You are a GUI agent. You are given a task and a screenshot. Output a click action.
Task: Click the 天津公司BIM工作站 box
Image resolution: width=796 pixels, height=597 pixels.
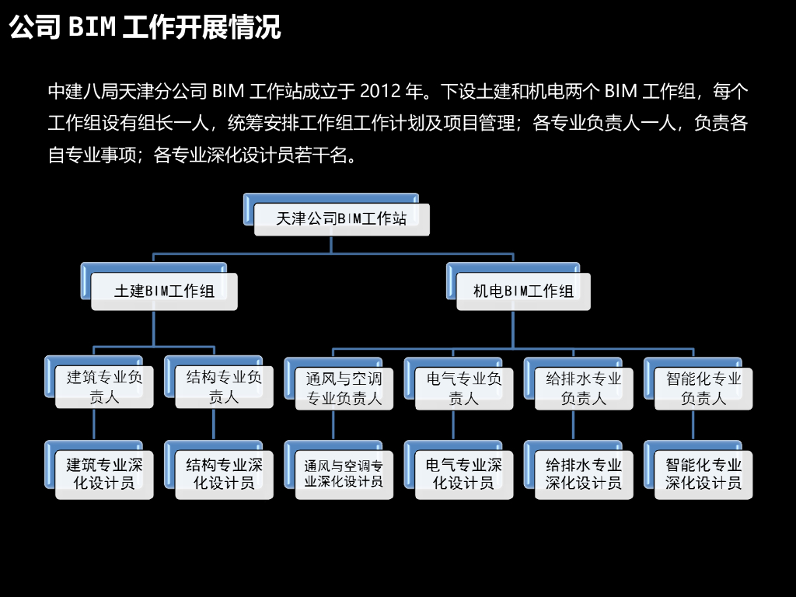point(341,219)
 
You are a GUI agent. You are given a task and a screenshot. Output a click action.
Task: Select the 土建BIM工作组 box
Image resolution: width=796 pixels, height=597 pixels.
point(164,292)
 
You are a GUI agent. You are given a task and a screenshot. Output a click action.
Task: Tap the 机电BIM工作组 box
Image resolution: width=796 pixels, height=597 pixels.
point(523,292)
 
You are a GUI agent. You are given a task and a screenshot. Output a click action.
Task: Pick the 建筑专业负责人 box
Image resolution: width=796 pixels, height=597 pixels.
point(104,387)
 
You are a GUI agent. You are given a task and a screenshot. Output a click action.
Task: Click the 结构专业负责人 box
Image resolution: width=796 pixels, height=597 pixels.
point(224,387)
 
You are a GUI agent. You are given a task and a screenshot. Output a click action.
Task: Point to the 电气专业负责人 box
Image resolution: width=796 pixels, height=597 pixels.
point(463,388)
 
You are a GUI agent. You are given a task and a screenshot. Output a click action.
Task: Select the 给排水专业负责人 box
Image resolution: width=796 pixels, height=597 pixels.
point(583,388)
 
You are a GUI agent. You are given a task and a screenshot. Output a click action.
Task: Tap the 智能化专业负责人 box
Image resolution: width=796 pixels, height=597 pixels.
point(703,388)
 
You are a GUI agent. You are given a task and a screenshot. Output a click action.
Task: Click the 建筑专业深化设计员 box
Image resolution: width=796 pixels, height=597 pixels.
point(104,473)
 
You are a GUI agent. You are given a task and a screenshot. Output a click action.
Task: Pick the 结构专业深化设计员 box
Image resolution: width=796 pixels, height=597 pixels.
point(224,473)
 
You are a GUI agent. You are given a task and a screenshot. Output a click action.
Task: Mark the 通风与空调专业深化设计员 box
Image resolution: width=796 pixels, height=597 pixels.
point(344,473)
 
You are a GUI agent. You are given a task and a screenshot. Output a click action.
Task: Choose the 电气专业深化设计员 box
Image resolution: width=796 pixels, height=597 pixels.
point(463,473)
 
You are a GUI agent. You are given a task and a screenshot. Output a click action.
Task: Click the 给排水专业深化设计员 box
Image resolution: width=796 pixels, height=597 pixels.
point(583,473)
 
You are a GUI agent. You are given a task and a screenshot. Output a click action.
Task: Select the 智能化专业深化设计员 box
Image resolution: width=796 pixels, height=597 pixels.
point(703,473)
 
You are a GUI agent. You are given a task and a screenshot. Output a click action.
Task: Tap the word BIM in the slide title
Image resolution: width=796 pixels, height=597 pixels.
point(92,27)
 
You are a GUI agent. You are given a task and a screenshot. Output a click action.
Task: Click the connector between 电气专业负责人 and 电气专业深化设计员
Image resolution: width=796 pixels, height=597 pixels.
point(453,426)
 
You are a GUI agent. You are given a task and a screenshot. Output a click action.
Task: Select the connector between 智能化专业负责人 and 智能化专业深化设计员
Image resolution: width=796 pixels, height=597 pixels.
point(693,426)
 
